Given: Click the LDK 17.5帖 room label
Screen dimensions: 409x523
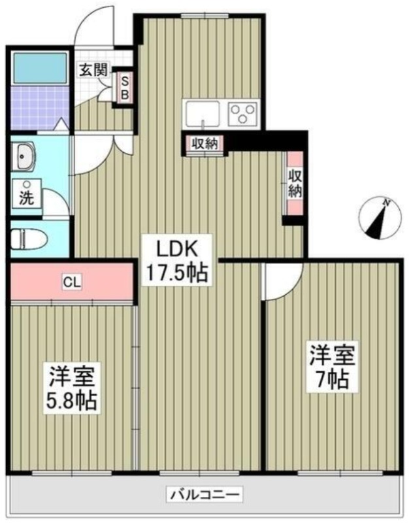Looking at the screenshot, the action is (177, 260).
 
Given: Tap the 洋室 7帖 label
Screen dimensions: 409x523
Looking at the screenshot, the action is (333, 367).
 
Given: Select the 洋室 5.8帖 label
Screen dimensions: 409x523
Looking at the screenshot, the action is (73, 388).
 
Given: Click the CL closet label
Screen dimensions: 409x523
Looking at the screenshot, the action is (72, 283).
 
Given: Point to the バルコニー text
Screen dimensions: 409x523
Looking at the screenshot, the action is (204, 494).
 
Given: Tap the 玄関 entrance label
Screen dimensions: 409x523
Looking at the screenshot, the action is (93, 70).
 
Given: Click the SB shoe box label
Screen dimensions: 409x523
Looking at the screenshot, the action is (124, 88).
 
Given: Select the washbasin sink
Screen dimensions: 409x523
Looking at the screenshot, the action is (23, 156).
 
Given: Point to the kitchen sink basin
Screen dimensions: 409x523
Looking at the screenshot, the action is (203, 114).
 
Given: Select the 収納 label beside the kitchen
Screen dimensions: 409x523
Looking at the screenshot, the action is (204, 144).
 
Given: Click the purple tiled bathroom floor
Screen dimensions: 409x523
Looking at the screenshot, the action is (39, 108).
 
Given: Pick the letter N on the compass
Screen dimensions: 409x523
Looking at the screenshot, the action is (387, 203).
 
